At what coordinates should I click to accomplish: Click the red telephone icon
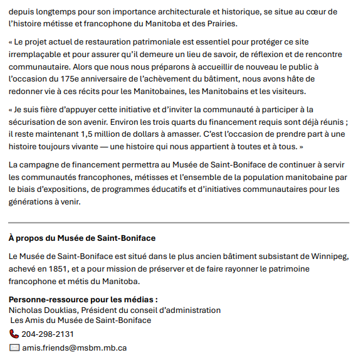(14, 334)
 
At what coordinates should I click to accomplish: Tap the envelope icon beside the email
(14, 347)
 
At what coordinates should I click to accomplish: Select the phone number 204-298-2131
(47, 334)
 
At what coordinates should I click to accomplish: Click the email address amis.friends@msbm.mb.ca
(75, 347)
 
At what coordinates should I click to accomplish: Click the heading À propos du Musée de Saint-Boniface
(82, 238)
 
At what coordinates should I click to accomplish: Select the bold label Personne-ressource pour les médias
(83, 300)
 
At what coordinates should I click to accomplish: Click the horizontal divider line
(179, 223)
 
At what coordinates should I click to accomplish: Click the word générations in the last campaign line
(31, 202)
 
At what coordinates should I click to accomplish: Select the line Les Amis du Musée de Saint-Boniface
(81, 320)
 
